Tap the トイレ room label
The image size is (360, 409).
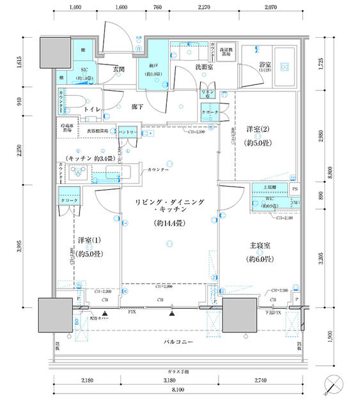pos(95,110)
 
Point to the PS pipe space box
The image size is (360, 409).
pos(295,190)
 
